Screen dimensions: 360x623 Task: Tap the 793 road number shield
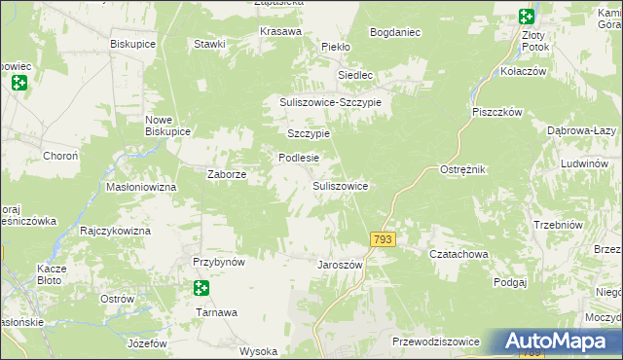pyautogui.click(x=383, y=238)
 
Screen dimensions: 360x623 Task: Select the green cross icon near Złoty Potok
pyautogui.click(x=526, y=16)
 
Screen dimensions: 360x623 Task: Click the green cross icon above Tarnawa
pyautogui.click(x=201, y=288)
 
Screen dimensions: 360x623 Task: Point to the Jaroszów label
pyautogui.click(x=341, y=265)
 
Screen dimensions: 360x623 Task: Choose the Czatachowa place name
pyautogui.click(x=458, y=254)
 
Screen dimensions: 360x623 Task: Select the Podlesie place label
pyautogui.click(x=299, y=158)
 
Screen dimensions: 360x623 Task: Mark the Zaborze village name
pyautogui.click(x=226, y=175)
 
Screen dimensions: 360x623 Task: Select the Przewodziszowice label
pyautogui.click(x=435, y=342)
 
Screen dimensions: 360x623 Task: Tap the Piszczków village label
pyautogui.click(x=498, y=112)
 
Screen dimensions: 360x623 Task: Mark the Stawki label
pyautogui.click(x=209, y=44)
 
